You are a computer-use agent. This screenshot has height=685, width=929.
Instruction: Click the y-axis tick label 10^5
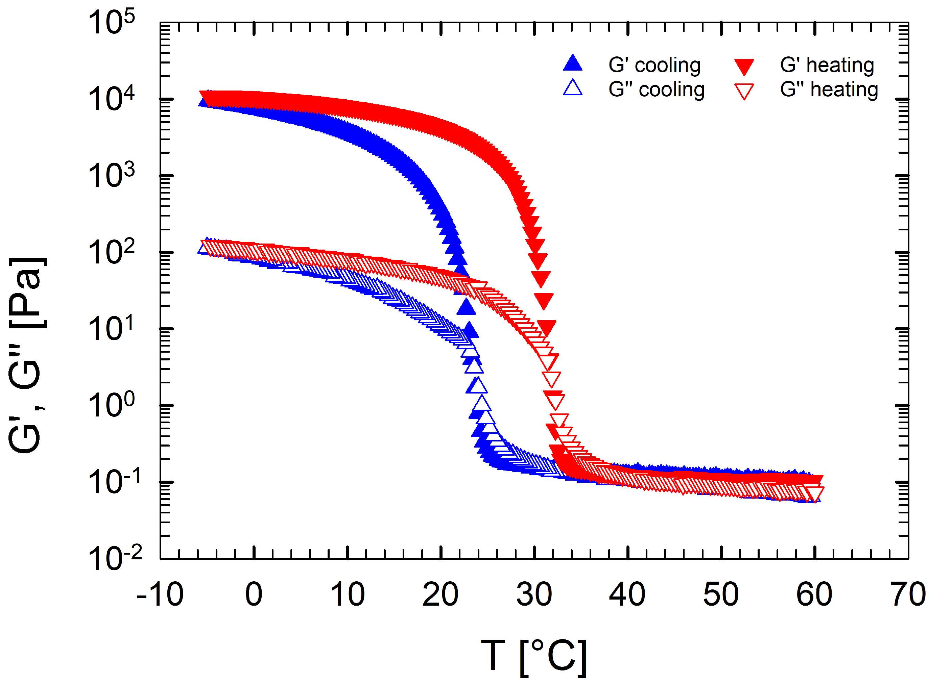(111, 23)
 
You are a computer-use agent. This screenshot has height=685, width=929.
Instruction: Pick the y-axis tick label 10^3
(111, 176)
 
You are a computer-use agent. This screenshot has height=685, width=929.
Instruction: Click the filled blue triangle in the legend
(573, 64)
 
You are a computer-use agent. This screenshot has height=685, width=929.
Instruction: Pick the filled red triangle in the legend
(744, 66)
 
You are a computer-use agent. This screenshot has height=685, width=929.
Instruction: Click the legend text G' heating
(827, 65)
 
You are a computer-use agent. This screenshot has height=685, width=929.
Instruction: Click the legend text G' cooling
(654, 65)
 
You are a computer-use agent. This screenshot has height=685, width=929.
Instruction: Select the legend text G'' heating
(829, 90)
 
